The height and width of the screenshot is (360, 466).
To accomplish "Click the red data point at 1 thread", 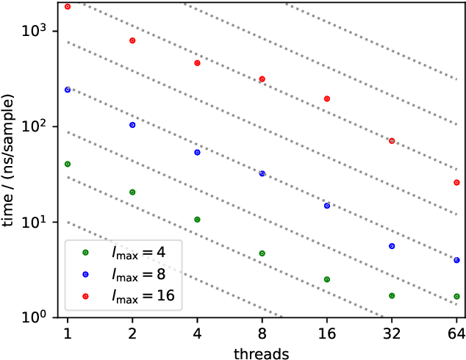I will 68,7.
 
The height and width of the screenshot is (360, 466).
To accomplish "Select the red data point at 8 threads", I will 262,79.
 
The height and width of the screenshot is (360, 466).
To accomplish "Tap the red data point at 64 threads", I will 456,182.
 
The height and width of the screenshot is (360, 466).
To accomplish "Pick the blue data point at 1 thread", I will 68,90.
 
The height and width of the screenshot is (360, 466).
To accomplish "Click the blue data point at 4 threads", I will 197,152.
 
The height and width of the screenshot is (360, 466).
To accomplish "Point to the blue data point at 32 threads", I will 392,246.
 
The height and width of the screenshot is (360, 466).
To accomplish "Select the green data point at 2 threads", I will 132,192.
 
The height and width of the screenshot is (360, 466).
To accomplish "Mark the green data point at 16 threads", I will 327,279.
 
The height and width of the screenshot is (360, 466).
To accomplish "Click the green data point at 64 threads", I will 456,297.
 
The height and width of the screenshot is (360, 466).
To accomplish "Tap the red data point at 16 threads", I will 327,98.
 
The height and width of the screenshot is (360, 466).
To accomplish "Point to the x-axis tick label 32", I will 392,333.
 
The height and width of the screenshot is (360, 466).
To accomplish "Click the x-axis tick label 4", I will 197,333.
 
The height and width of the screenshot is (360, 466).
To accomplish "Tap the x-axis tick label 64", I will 456,333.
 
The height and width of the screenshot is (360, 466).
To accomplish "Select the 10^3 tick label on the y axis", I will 35,32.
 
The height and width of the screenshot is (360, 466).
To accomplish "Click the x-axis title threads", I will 262,351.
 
